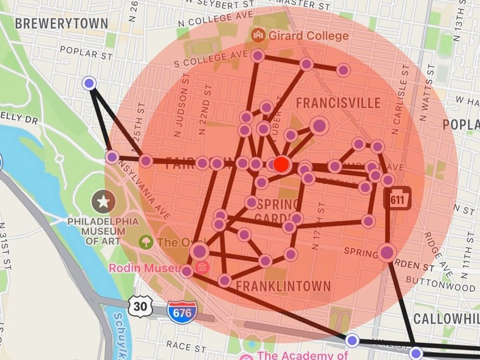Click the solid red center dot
coord(281,164)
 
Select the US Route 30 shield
coord(140,306)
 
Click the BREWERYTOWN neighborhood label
coord(61,24)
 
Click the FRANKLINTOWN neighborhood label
coord(283,286)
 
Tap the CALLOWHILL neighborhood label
coord(446,319)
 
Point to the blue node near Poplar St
coord(90,83)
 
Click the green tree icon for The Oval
coord(146,242)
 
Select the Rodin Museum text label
coord(143,268)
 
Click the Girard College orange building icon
coord(258,35)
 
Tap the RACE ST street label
coord(186,348)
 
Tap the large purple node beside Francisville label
coord(319,126)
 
